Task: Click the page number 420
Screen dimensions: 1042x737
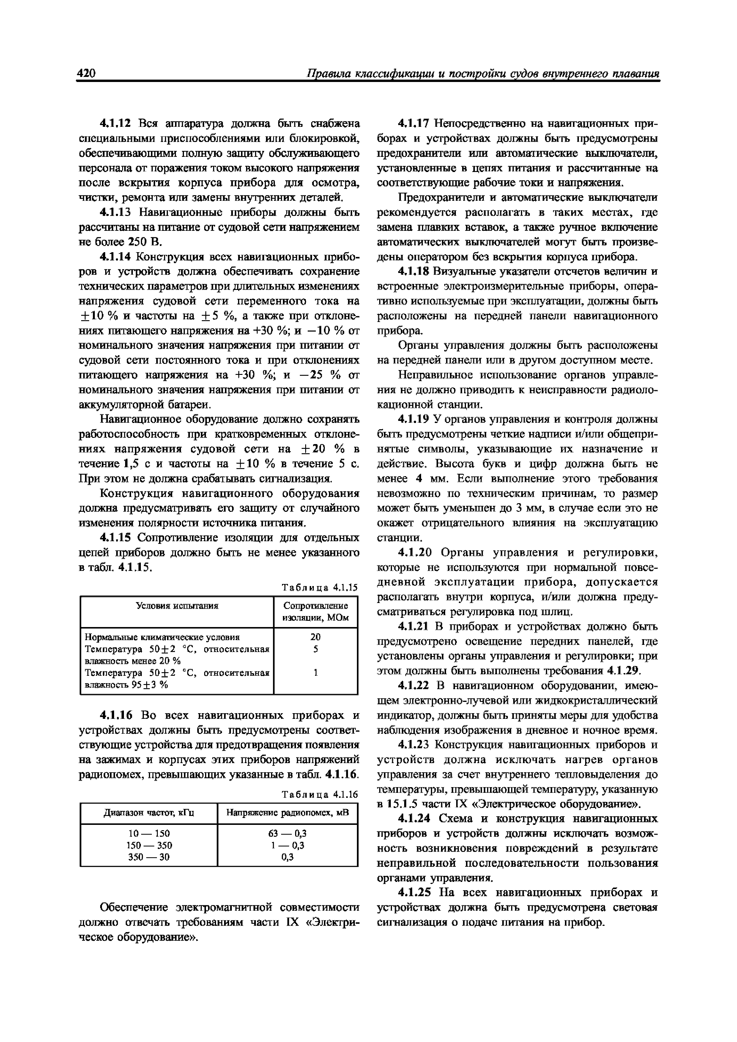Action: click(x=86, y=74)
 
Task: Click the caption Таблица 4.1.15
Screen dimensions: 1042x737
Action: click(x=320, y=588)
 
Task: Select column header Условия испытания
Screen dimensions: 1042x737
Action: click(x=177, y=606)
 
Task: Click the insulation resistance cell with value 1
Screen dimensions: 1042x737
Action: click(x=315, y=672)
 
